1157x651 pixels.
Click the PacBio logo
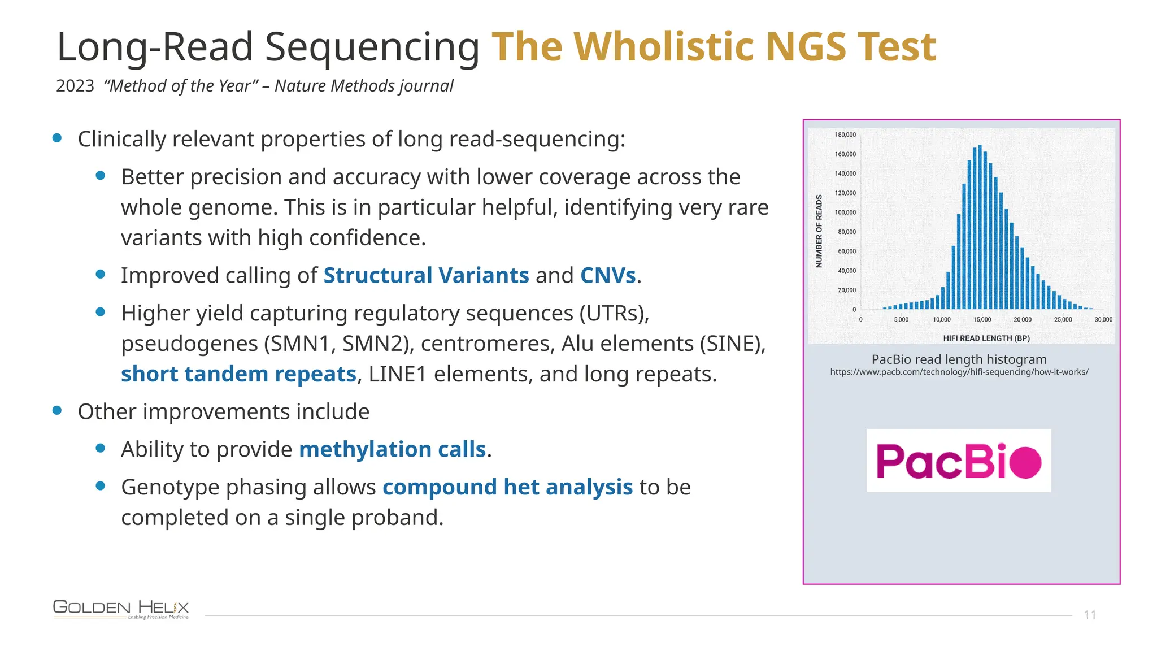click(x=959, y=461)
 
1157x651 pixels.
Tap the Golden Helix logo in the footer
click(x=121, y=609)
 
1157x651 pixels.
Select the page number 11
click(x=1090, y=615)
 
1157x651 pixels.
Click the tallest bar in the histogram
click(x=980, y=226)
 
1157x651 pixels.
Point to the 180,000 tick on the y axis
click(x=845, y=135)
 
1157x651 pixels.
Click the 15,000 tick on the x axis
click(x=982, y=320)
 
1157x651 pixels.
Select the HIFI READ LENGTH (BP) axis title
click(x=986, y=338)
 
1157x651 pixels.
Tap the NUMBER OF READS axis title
click(x=819, y=231)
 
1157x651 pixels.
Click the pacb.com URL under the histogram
click(x=959, y=372)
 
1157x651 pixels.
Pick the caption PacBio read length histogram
click(x=959, y=359)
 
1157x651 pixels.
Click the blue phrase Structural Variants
click(x=426, y=276)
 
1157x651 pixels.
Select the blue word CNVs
click(x=608, y=276)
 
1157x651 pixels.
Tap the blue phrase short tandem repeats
click(x=238, y=374)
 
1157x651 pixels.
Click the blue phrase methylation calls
click(x=392, y=450)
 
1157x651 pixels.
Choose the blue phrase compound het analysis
click(x=507, y=487)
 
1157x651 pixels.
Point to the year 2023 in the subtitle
click(x=75, y=86)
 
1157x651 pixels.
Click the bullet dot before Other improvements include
click(x=57, y=411)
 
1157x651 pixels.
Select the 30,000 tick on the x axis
click(x=1103, y=320)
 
